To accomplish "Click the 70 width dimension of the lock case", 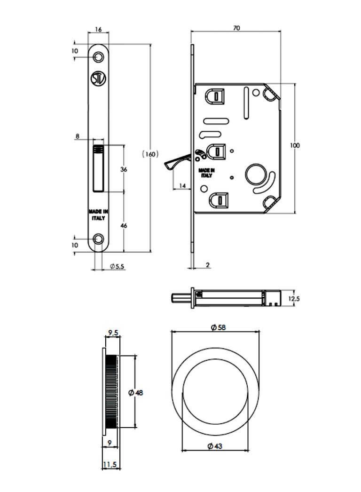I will [236, 28].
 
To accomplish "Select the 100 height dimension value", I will [295, 145].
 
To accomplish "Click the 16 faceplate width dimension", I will [98, 29].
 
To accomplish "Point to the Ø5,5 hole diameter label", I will [117, 266].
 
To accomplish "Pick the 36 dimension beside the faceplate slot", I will [124, 169].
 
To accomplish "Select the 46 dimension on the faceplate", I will [124, 226].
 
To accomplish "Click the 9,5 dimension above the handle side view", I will [113, 333].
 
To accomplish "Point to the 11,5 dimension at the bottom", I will [110, 465].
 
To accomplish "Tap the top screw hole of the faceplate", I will [98, 56].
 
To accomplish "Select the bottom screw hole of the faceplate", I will [98, 238].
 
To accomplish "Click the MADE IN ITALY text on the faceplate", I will [98, 215].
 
